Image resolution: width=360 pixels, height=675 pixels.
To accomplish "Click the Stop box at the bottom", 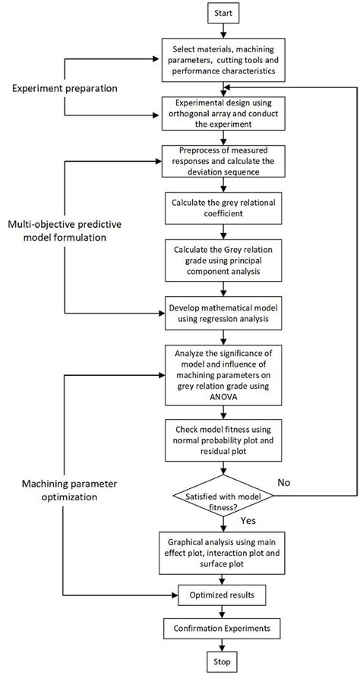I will [x=222, y=660].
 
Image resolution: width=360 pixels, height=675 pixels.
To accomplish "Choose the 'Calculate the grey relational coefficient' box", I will [x=222, y=209].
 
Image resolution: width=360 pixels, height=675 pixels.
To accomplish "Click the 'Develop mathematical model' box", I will [x=222, y=315].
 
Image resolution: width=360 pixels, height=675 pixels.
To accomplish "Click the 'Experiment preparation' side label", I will [x=65, y=88].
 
